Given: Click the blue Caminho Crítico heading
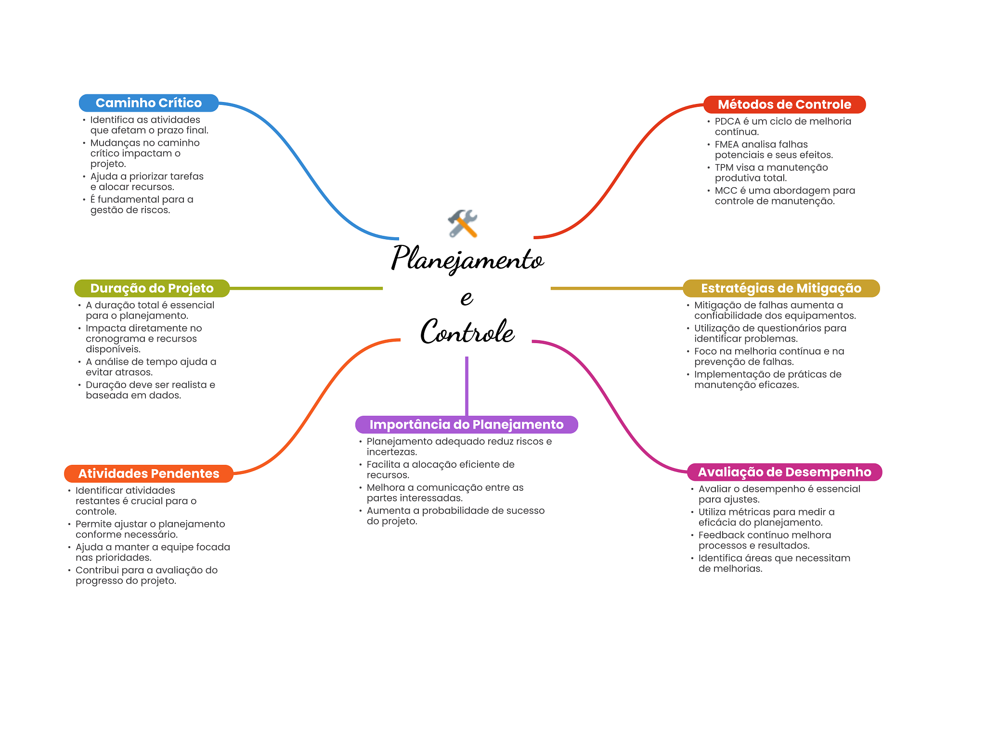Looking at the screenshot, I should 148,103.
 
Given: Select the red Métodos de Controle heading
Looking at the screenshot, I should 784,104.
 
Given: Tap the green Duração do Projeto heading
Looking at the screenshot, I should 152,288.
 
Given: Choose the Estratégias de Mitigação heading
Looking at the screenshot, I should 781,288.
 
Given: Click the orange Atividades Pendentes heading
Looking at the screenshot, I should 148,473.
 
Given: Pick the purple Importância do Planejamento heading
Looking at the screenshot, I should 466,424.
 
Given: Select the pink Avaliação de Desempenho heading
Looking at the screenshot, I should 784,472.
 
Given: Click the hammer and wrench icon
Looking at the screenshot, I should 463,223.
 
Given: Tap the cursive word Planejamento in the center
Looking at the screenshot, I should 467,258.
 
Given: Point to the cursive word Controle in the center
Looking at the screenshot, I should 467,332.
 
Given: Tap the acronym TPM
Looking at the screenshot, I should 724,167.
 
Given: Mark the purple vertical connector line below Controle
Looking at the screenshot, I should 467,385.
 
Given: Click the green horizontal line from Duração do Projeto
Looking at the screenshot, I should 306,288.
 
